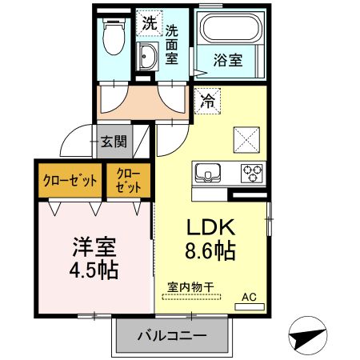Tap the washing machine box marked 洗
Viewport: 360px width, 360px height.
click(148, 24)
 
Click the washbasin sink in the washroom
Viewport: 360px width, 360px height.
click(148, 57)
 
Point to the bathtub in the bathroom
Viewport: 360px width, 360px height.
click(232, 30)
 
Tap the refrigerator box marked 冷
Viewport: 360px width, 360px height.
click(207, 101)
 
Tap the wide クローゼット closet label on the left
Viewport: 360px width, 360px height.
click(68, 180)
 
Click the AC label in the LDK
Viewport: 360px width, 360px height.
click(250, 297)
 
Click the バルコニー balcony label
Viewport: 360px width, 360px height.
click(170, 335)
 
